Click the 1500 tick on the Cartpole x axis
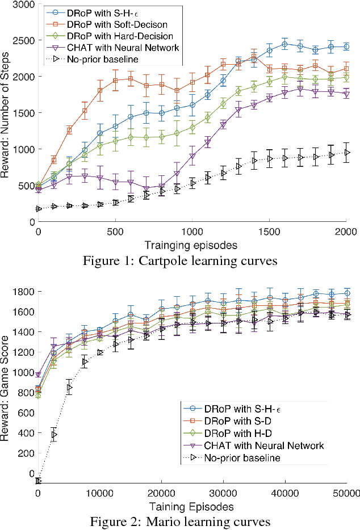[269, 232]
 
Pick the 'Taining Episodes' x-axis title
[192, 506]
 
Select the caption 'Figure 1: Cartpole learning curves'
[180, 262]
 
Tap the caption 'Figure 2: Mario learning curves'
[180, 521]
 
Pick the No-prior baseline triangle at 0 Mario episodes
[39, 481]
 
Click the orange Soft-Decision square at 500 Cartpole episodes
[116, 81]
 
